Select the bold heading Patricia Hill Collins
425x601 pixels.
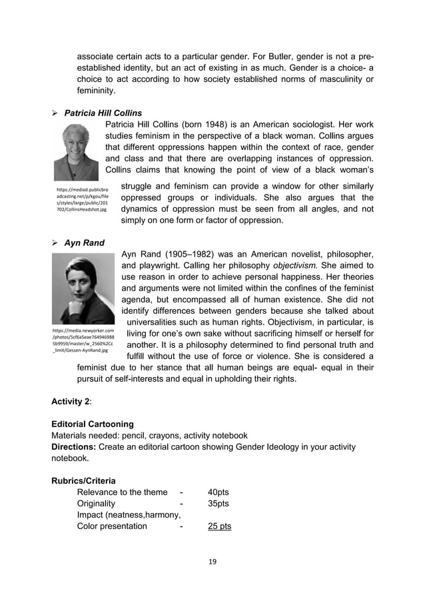[103, 113]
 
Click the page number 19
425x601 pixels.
[212, 561]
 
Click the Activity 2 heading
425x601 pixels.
[72, 401]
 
